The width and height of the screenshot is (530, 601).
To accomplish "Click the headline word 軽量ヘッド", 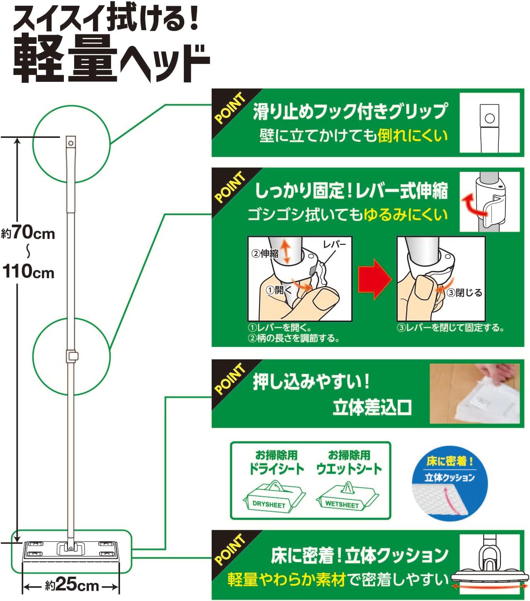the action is (112, 59).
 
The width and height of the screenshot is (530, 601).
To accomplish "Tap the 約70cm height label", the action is (28, 234).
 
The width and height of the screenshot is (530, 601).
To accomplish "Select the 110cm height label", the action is (29, 271).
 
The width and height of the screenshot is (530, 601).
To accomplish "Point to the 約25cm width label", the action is (72, 585).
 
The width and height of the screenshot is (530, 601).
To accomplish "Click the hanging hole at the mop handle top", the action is (71, 143).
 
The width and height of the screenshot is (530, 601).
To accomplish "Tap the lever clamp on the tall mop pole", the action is (72, 356).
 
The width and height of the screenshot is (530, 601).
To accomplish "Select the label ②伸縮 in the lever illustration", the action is (265, 253).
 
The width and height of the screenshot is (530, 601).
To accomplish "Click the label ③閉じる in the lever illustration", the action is (464, 293).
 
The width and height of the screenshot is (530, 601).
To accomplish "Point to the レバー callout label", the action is (335, 244).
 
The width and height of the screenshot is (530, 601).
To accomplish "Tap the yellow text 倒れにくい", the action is (412, 136).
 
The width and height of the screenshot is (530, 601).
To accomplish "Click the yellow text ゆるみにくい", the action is (406, 214).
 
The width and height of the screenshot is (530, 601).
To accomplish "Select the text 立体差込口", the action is (372, 407).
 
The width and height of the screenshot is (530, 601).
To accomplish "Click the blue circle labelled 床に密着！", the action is (449, 484).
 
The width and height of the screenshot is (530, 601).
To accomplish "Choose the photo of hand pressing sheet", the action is (475, 394).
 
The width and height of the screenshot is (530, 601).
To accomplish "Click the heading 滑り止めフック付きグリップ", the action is (350, 112).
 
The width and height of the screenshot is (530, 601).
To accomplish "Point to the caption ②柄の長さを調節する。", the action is (294, 338).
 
